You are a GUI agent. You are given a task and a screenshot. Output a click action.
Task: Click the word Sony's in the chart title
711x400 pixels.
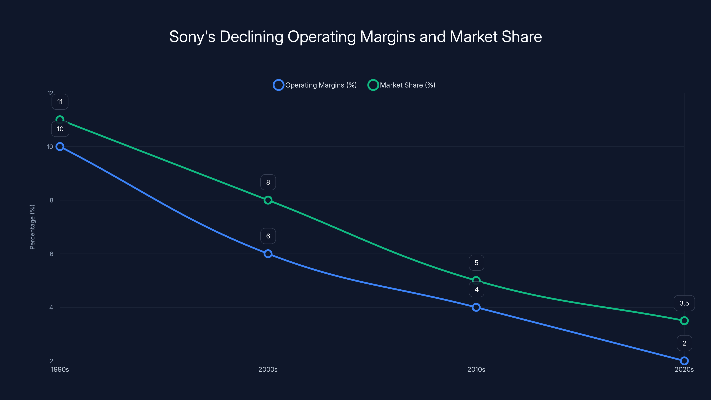[x=192, y=37]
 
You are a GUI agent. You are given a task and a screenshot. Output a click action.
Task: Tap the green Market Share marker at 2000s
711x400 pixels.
[x=268, y=200]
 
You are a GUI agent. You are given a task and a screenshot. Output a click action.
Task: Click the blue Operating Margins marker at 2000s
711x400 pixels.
[x=268, y=254]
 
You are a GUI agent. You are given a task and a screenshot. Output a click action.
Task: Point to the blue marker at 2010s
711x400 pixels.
[x=476, y=307]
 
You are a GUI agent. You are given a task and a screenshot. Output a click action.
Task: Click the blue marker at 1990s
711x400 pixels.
[x=60, y=147]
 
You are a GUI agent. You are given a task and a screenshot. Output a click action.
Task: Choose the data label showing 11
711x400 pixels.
[x=60, y=102]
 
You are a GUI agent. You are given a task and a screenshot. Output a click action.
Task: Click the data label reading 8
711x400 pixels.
[x=268, y=182]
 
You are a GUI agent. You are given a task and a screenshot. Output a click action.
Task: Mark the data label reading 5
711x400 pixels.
[x=476, y=263]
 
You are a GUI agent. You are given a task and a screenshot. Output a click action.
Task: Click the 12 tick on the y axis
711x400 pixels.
[x=50, y=93]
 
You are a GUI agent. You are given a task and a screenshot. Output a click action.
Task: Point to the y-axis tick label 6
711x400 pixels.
[x=51, y=254]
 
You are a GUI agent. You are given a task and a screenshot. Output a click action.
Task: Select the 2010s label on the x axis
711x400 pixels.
[x=476, y=369]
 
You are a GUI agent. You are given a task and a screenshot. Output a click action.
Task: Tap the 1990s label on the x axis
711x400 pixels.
[x=60, y=369]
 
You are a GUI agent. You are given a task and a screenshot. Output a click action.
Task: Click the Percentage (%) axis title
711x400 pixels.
[x=32, y=227]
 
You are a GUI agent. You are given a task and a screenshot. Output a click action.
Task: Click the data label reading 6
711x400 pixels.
[x=268, y=236]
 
